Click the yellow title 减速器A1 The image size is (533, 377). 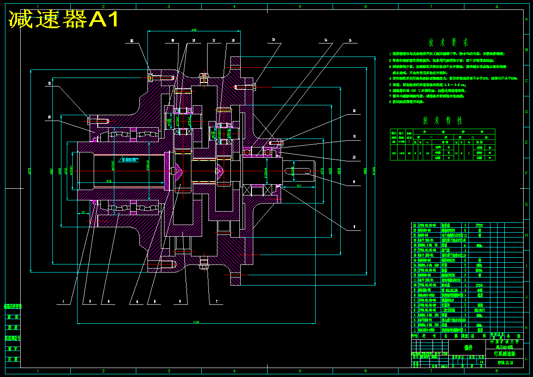[64, 19]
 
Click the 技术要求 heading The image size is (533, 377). [448, 43]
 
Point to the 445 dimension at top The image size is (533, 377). [194, 30]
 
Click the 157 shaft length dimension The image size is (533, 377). [299, 185]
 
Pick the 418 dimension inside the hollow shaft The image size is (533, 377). [108, 181]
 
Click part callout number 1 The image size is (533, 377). [64, 302]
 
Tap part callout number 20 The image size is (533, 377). [132, 40]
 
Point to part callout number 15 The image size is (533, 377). [273, 40]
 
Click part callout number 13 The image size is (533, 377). [350, 40]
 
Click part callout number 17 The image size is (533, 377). [213, 40]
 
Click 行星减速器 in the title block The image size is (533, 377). [504, 354]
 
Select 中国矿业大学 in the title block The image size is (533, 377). [504, 342]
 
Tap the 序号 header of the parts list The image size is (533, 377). [415, 335]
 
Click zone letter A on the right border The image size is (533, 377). [526, 19]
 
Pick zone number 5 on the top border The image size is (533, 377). [300, 7]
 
